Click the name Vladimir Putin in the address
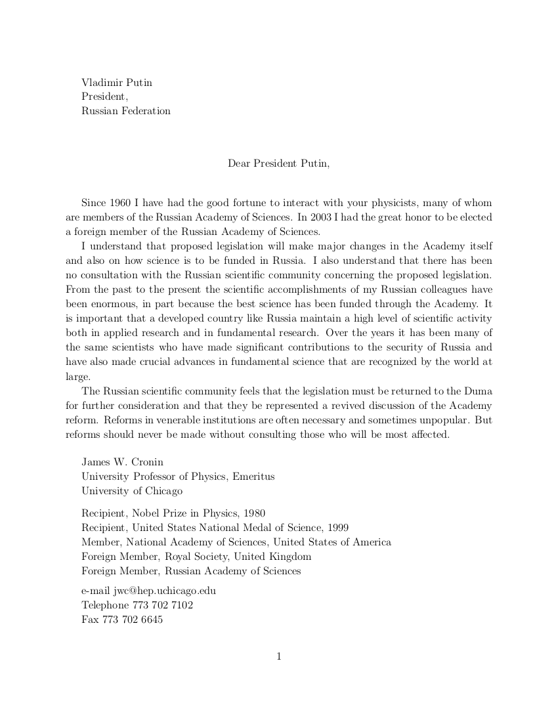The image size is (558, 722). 117,82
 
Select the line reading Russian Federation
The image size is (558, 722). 126,111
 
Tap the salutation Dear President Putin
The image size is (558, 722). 278,163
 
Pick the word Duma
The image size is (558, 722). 479,392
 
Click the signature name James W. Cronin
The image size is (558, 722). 122,462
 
